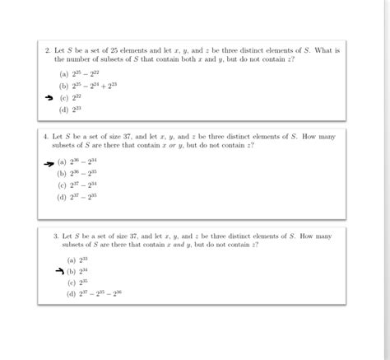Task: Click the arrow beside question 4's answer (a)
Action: coord(49,162)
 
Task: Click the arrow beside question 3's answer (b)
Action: coord(58,270)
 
